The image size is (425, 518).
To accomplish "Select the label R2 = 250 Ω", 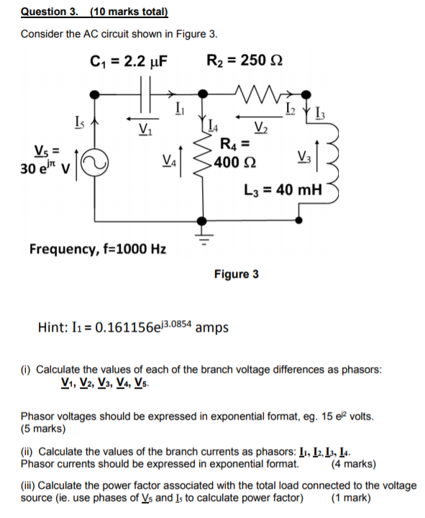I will coord(245,60).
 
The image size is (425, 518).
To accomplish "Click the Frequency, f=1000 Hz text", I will coord(97,249).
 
